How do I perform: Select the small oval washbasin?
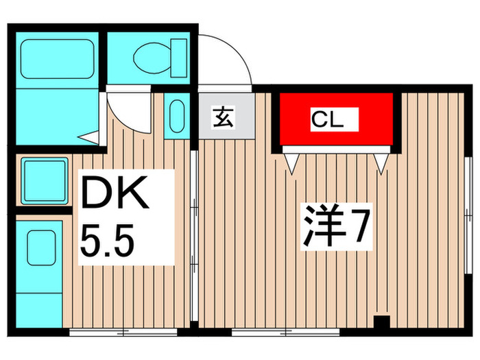(176, 117)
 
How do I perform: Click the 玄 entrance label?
(223, 118)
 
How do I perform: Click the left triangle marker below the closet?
(291, 162)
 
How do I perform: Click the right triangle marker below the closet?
(382, 163)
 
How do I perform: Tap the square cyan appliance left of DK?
(45, 180)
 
